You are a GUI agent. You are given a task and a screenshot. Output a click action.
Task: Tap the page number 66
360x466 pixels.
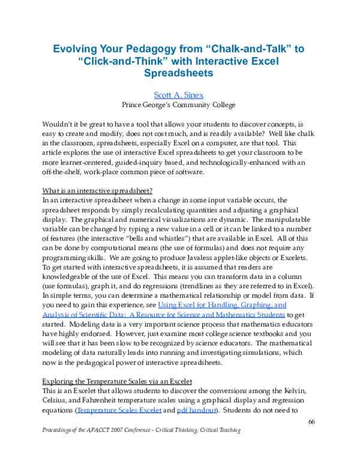pos(311,422)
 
